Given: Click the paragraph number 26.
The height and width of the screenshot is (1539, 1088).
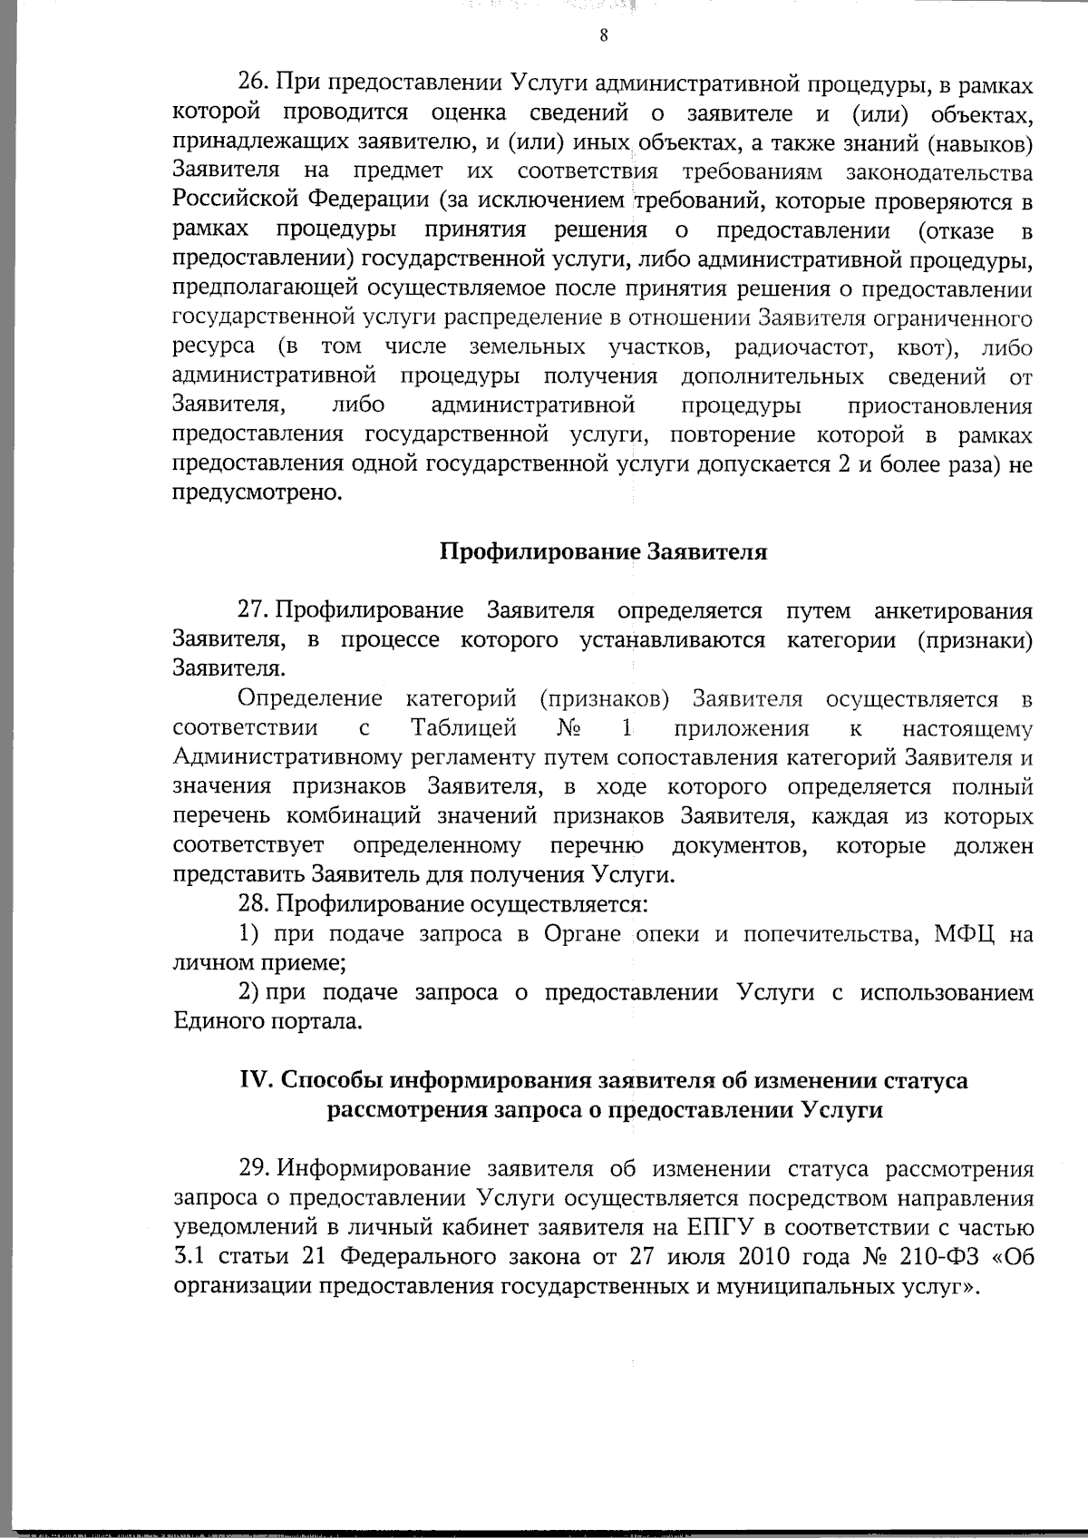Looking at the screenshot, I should coord(251,84).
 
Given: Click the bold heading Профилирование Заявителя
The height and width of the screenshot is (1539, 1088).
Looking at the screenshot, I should coord(604,552).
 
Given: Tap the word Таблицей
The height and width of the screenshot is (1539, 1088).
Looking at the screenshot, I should coord(464,728).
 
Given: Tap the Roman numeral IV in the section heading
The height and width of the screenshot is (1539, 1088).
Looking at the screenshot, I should coord(255,1081).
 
